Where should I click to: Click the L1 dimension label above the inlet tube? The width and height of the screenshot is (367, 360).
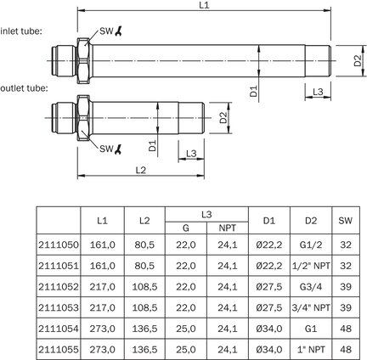pyautogui.click(x=204, y=5)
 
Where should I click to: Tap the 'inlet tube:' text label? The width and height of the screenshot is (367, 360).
pyautogui.click(x=21, y=31)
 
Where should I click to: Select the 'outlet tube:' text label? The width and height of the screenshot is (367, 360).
pyautogui.click(x=25, y=88)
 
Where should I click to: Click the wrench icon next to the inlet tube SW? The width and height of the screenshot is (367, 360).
pyautogui.click(x=119, y=31)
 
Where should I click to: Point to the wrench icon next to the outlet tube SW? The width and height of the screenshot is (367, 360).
pyautogui.click(x=119, y=149)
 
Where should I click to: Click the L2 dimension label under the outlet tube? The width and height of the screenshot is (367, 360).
pyautogui.click(x=140, y=170)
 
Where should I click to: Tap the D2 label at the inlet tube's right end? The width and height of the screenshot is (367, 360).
pyautogui.click(x=358, y=60)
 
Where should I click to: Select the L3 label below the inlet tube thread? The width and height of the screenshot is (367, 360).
pyautogui.click(x=318, y=92)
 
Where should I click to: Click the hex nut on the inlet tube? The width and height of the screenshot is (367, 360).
pyautogui.click(x=84, y=60)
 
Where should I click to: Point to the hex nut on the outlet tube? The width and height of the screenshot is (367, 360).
pyautogui.click(x=84, y=118)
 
